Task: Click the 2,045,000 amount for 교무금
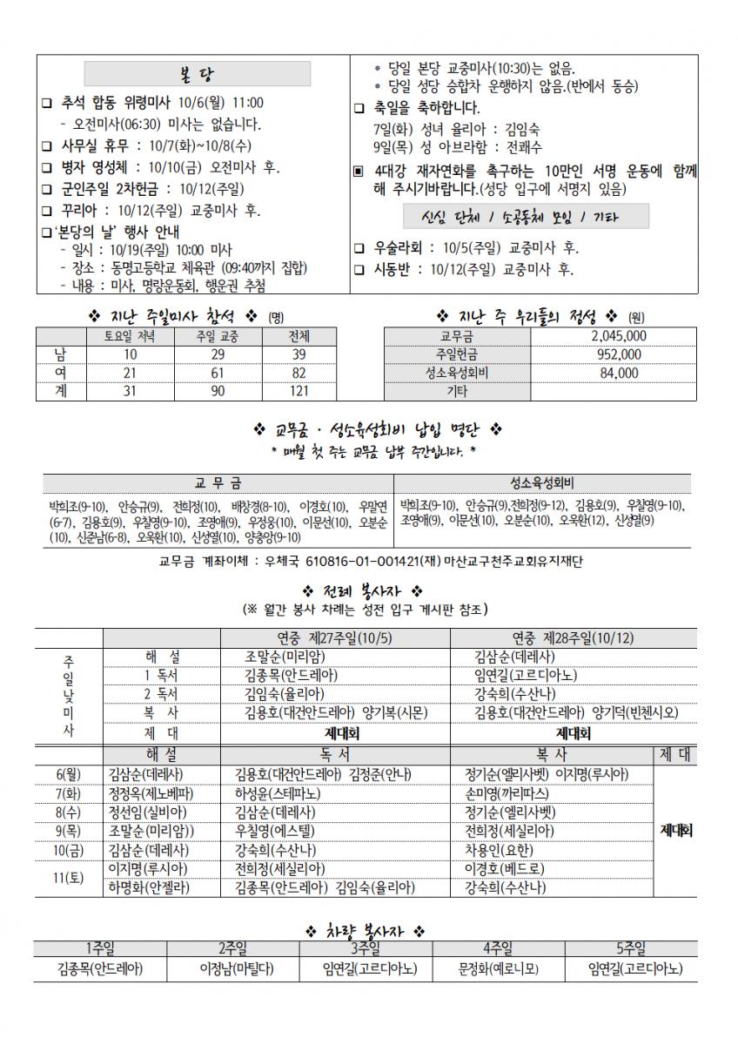(618, 335)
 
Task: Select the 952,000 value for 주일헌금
(618, 354)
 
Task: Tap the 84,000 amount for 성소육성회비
(618, 373)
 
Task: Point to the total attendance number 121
(299, 392)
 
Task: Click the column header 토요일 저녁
(130, 335)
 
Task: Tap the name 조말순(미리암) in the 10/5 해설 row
(285, 656)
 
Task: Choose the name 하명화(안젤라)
(150, 887)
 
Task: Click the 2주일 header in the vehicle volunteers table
(232, 949)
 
